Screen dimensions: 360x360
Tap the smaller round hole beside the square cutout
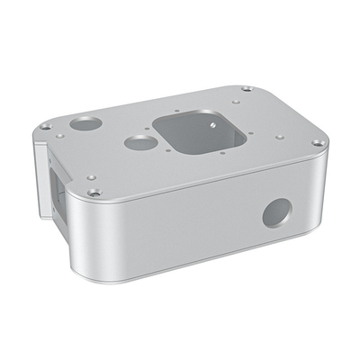pos(138,142)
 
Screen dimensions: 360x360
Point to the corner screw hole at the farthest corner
pos(247,88)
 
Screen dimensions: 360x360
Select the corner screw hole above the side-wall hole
pos(319,142)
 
